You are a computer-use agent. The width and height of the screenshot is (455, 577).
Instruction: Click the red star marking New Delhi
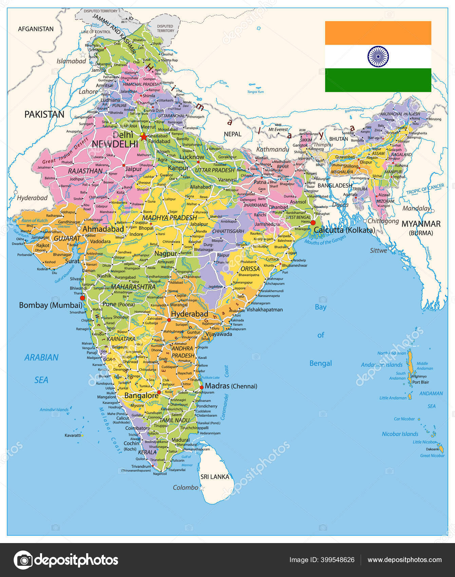pyautogui.click(x=144, y=137)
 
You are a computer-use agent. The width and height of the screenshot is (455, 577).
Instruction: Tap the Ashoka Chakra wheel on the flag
pyautogui.click(x=378, y=57)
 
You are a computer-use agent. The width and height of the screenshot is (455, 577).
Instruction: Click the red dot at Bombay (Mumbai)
pyautogui.click(x=82, y=298)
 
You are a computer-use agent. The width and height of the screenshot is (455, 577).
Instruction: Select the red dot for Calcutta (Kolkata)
pyautogui.click(x=313, y=222)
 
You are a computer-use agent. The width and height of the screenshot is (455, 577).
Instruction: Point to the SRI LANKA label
pyautogui.click(x=215, y=477)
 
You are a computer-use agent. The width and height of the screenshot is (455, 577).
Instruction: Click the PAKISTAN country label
pyautogui.click(x=44, y=114)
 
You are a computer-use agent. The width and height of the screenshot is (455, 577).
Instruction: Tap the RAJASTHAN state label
pyautogui.click(x=85, y=171)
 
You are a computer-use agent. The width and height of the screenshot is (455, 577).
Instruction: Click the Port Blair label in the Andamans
pyautogui.click(x=420, y=382)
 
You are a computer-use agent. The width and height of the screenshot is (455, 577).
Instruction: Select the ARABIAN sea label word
pyautogui.click(x=41, y=357)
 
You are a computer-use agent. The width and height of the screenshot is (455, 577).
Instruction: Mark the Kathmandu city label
pyautogui.click(x=272, y=149)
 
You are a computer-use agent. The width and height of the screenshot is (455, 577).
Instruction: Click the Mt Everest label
pyautogui.click(x=278, y=129)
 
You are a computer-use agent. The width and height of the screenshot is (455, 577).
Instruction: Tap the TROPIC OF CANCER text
pyautogui.click(x=425, y=189)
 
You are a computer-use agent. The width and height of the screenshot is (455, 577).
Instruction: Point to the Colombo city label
pyautogui.click(x=186, y=487)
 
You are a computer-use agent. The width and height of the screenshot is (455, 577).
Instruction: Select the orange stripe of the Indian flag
pyautogui.click(x=378, y=33)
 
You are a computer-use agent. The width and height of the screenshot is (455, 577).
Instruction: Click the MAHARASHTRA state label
pyautogui.click(x=133, y=287)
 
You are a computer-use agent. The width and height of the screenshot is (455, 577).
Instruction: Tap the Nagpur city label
pyautogui.click(x=166, y=253)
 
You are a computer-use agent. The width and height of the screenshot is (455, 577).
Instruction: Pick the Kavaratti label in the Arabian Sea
pyautogui.click(x=73, y=435)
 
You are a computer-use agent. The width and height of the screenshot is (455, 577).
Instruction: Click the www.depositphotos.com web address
pyautogui.click(x=404, y=560)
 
